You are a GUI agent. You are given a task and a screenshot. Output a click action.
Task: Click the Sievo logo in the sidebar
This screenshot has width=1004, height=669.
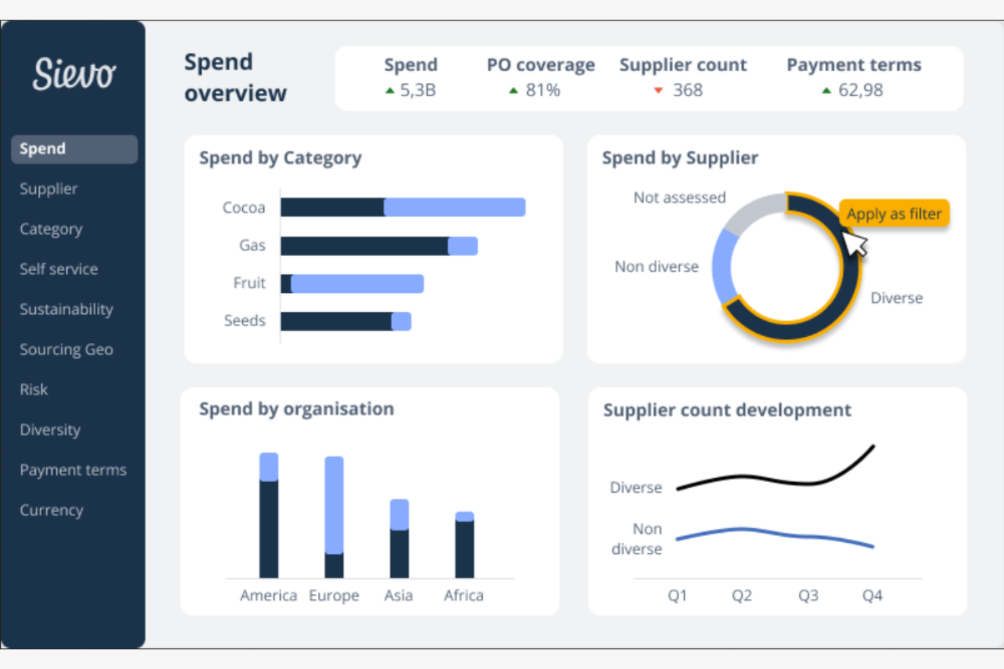pyautogui.click(x=74, y=74)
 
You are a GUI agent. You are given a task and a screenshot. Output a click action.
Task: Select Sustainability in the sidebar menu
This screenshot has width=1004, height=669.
pyautogui.click(x=66, y=309)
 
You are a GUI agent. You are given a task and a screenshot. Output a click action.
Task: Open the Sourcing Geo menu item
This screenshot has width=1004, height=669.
pyautogui.click(x=66, y=349)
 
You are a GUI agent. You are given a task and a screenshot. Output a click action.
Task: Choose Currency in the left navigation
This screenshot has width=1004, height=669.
pyautogui.click(x=51, y=510)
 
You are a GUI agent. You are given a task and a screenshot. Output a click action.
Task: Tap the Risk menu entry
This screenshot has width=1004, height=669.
pyautogui.click(x=33, y=389)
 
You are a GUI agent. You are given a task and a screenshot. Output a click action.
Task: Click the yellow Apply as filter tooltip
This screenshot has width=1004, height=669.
pyautogui.click(x=893, y=214)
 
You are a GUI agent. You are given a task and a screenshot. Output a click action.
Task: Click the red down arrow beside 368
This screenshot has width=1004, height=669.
pyautogui.click(x=657, y=90)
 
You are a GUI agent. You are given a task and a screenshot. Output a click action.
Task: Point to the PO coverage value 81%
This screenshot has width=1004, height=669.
pyautogui.click(x=543, y=90)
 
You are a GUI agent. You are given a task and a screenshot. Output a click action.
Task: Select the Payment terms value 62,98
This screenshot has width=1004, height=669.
pyautogui.click(x=860, y=90)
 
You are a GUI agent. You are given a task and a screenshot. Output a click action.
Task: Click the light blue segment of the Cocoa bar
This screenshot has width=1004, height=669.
pyautogui.click(x=455, y=207)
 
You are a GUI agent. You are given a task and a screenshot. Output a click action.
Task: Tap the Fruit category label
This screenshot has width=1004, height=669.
pyautogui.click(x=249, y=283)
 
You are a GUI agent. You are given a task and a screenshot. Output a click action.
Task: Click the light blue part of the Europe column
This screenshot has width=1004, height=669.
pyautogui.click(x=334, y=505)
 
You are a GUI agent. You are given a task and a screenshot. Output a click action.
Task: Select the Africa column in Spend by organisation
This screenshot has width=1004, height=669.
pyautogui.click(x=464, y=546)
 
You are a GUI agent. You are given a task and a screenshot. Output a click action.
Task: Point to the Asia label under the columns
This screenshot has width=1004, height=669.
pyautogui.click(x=398, y=595)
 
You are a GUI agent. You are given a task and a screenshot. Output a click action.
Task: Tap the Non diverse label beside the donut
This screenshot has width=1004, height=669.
pyautogui.click(x=656, y=266)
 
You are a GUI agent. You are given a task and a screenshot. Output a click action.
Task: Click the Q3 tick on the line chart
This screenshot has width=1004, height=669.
pyautogui.click(x=808, y=595)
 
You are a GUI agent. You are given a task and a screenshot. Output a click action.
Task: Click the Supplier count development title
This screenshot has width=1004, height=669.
pyautogui.click(x=727, y=410)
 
